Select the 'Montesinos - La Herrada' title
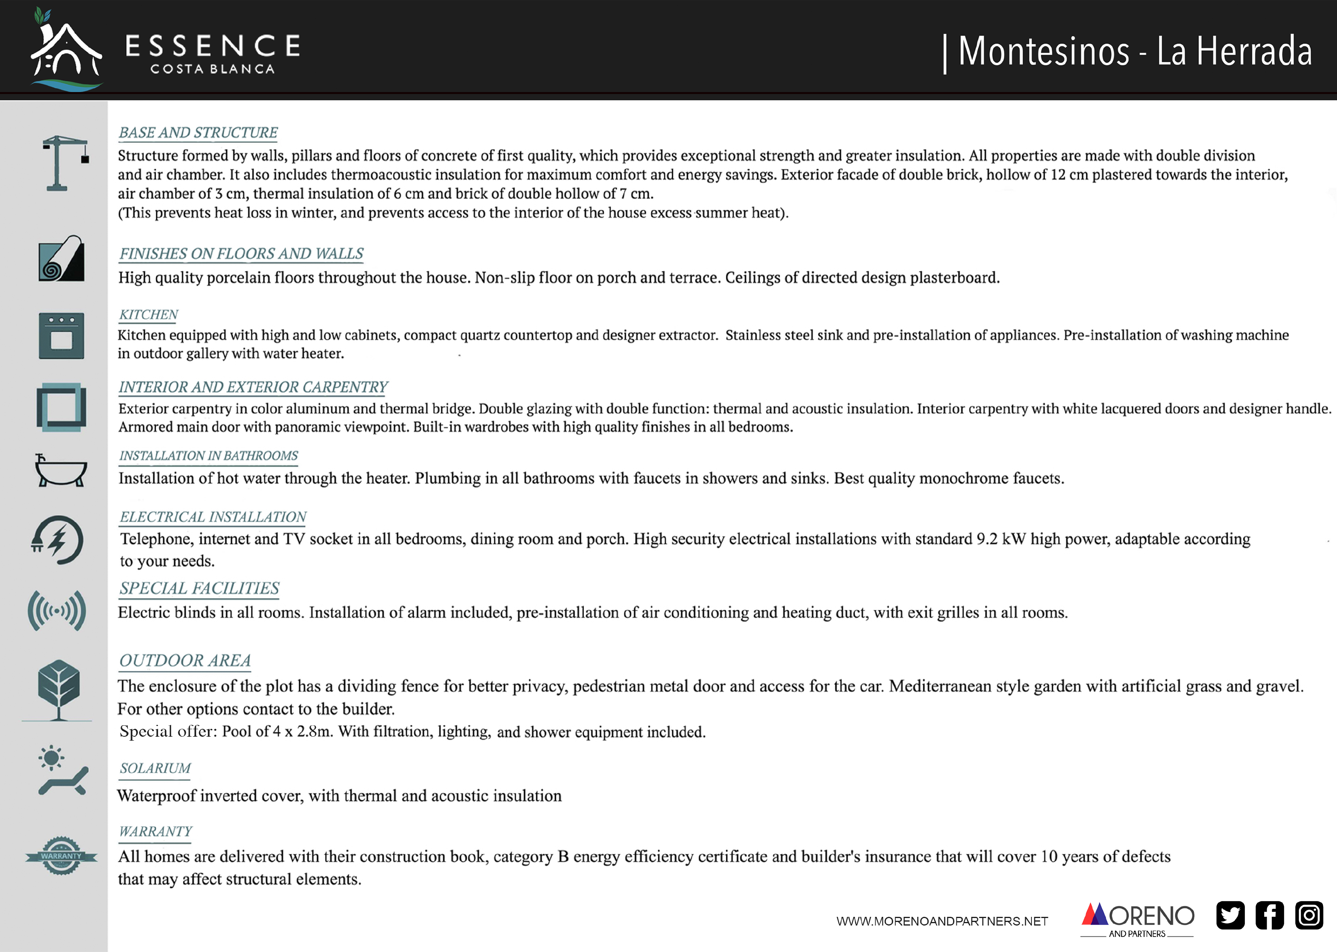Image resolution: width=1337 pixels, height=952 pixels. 1134,52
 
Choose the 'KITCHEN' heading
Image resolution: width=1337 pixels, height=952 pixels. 148,315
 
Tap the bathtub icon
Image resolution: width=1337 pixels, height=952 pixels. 60,471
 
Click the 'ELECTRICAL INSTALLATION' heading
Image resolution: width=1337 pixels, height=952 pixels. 213,517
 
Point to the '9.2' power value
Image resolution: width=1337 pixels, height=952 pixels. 986,539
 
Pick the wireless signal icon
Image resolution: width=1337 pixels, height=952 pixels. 57,611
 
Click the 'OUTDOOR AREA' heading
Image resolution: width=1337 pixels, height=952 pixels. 185,660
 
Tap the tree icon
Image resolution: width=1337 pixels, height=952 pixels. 58,689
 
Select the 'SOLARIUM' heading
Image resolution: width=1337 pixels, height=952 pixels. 155,769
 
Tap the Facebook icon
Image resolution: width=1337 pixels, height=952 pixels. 1269,915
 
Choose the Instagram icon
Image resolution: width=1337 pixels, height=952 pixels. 1309,915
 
